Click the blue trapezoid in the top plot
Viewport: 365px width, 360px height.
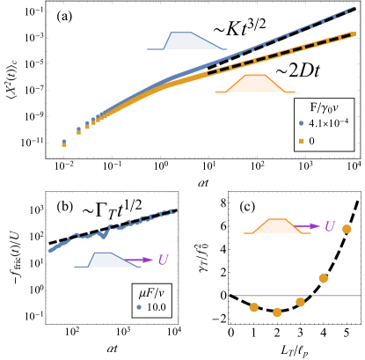coord(186,41)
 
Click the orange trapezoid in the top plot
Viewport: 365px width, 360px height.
coord(255,84)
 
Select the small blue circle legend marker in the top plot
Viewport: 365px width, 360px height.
coord(301,123)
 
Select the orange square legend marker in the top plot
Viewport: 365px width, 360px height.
coord(301,141)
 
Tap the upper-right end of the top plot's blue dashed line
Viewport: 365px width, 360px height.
coord(354,8)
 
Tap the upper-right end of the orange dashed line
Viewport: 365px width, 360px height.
coord(353,34)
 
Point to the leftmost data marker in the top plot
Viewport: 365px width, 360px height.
coord(64,143)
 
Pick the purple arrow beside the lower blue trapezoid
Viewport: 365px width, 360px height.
coord(141,260)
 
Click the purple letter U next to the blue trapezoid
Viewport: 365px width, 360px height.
coord(163,261)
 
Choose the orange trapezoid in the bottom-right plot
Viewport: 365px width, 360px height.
coord(277,226)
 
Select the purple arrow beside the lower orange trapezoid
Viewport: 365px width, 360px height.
coord(308,226)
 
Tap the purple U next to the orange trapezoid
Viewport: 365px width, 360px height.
coord(330,227)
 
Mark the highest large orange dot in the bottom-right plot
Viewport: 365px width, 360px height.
coord(347,229)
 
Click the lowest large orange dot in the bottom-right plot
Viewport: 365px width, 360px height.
coord(277,312)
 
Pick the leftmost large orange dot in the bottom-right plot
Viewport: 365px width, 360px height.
coord(254,307)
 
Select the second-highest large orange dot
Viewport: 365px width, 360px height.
coord(323,278)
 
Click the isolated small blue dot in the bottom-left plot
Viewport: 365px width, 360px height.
coord(139,307)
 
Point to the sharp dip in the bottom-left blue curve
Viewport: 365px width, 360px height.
coord(105,237)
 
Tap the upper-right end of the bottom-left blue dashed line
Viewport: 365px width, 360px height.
coord(174,210)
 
